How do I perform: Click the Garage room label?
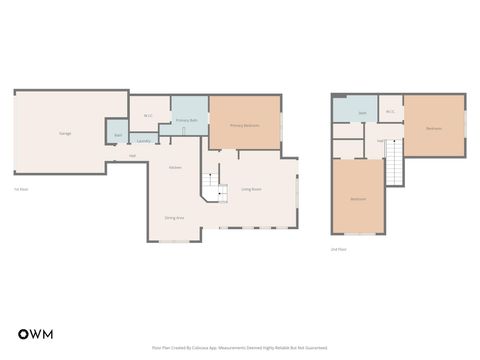pos(65,133)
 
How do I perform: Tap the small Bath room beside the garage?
pos(118,134)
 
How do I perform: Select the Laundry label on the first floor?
pos(143,141)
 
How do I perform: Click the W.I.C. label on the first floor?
pos(148,116)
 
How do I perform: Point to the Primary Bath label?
pos(186,120)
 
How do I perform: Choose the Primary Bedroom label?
pos(244,126)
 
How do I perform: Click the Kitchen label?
pos(175,167)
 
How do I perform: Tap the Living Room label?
pos(251,189)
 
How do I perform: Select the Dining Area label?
pos(174,217)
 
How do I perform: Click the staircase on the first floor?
pos(211,184)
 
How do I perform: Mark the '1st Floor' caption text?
pos(20,189)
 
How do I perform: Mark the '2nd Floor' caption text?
pos(339,249)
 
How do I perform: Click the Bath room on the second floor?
pos(362,113)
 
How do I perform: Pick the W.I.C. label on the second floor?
pos(390,111)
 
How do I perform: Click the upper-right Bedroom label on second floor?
pos(434,128)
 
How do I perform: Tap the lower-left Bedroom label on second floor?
pos(358,199)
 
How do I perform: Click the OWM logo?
pos(35,333)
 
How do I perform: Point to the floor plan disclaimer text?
pos(239,348)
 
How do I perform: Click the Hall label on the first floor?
pos(133,156)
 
